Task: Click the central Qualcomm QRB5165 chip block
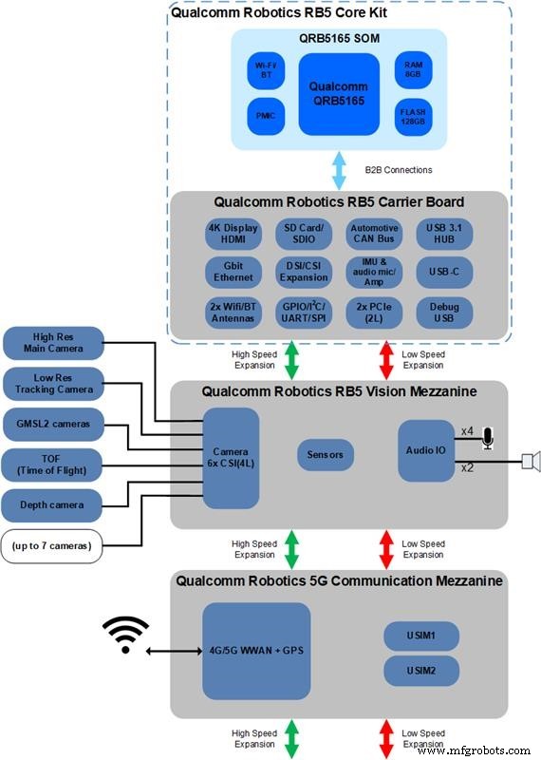click(339, 93)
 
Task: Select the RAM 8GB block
click(414, 69)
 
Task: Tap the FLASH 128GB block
click(414, 118)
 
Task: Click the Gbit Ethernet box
click(233, 272)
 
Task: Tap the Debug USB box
click(445, 313)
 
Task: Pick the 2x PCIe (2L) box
click(374, 313)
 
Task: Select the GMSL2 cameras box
click(52, 425)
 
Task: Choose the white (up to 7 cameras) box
click(52, 545)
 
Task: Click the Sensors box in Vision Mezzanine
click(326, 455)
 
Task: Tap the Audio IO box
click(425, 450)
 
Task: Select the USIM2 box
click(421, 671)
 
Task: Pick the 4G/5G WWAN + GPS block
click(256, 653)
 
